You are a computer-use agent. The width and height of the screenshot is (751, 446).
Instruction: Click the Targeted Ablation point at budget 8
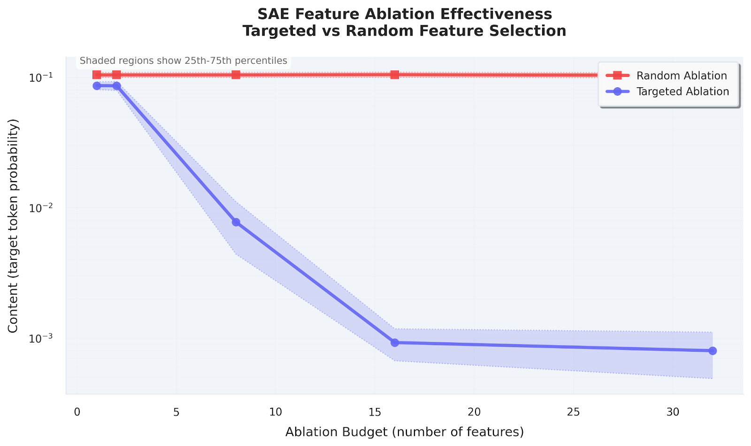[236, 222]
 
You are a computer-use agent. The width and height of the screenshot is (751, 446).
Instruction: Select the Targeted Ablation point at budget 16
[395, 342]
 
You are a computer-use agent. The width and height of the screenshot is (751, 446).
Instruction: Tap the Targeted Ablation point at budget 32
[712, 351]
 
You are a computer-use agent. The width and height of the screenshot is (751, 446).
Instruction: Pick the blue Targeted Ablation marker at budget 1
[97, 86]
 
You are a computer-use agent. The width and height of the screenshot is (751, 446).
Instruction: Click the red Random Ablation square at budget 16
[395, 75]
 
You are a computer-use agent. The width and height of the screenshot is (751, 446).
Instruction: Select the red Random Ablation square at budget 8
[236, 75]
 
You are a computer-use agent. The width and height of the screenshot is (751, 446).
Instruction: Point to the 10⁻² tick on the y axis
[41, 208]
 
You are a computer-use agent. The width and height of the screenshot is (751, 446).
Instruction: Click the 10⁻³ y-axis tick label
[41, 338]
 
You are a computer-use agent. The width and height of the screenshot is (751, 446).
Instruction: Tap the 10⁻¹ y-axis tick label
[41, 77]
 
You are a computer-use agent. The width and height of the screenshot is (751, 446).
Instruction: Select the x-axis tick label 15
[375, 412]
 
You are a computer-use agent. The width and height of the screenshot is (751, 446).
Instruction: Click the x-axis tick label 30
[672, 412]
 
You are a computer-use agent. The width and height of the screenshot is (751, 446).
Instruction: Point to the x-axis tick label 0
[77, 412]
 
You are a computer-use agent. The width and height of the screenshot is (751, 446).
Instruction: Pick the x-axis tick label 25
[573, 412]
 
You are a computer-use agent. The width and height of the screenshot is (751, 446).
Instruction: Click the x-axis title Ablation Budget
[404, 431]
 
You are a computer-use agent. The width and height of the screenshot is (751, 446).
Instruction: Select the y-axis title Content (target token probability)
[13, 226]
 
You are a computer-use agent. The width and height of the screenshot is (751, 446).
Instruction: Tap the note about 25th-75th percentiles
[183, 60]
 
